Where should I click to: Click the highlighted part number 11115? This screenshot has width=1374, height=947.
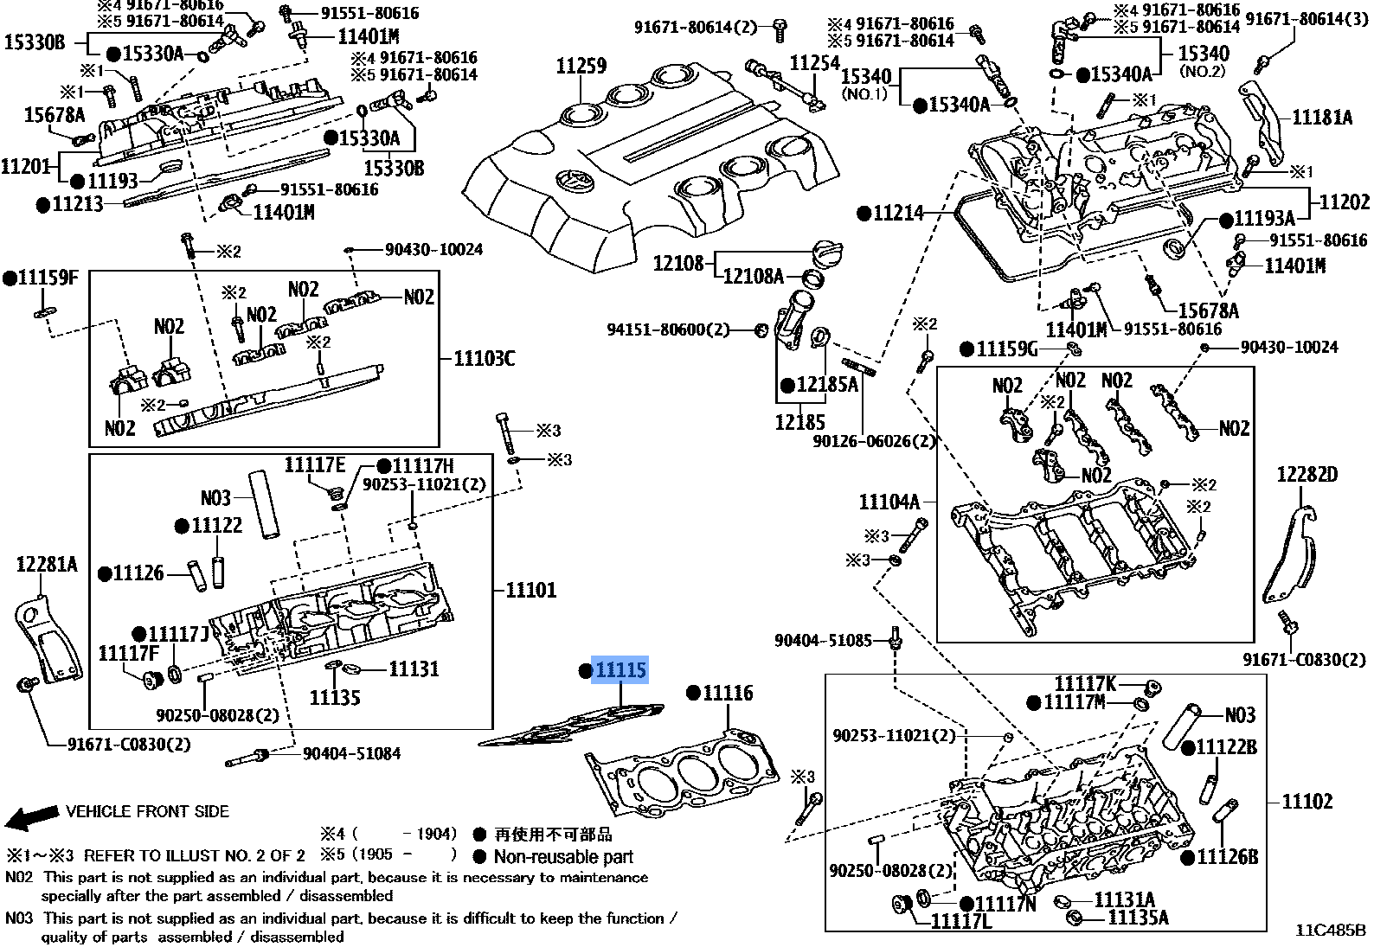(620, 669)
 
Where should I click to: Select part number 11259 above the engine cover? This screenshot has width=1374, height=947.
(581, 65)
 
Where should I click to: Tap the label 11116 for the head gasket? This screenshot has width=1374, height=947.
(728, 694)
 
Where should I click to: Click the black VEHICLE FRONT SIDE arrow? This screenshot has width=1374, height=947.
(32, 816)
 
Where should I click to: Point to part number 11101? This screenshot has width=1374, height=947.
(530, 590)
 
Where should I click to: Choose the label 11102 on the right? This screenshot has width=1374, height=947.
(1307, 801)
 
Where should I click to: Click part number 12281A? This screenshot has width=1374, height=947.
(47, 564)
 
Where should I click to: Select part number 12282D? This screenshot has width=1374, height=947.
(1307, 475)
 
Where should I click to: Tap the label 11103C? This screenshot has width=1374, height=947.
(484, 358)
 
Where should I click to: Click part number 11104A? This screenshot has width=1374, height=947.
(889, 502)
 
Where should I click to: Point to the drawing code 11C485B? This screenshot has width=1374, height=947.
(1331, 930)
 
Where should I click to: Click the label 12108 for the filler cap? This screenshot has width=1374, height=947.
(677, 263)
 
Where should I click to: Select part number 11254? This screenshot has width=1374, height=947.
(814, 62)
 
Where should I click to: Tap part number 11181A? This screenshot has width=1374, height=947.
(1322, 117)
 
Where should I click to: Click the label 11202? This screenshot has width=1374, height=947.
(1344, 202)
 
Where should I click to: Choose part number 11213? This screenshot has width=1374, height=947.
(77, 203)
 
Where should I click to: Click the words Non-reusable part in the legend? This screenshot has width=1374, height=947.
(563, 856)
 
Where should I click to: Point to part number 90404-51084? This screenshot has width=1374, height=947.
(351, 753)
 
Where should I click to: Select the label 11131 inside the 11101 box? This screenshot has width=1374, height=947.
(414, 669)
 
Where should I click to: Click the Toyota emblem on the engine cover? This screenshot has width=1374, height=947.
(575, 182)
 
